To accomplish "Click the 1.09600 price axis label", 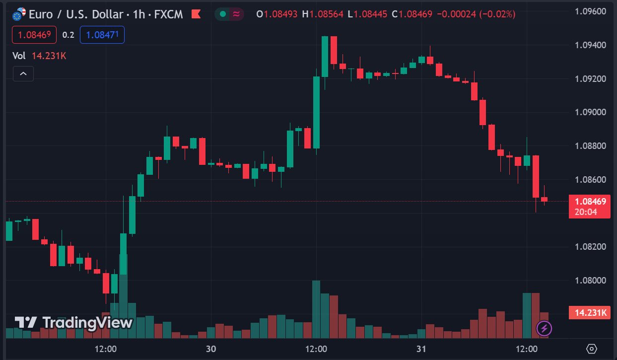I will (590, 11).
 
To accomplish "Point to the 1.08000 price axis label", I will (590, 280).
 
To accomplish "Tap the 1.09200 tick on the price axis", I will (590, 78).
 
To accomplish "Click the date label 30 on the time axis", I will (211, 349).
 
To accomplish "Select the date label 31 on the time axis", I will (421, 349).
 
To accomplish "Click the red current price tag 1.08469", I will (590, 202).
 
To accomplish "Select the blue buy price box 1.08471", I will (102, 35).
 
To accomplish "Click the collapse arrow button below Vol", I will (23, 74).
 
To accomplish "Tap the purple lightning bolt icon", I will (545, 328).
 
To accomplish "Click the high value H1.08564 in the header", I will (323, 14).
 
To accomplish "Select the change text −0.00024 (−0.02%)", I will (476, 14).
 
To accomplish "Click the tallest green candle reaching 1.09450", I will (325, 57).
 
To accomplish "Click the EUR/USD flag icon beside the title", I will (19, 14).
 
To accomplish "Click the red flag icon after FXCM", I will (196, 14).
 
